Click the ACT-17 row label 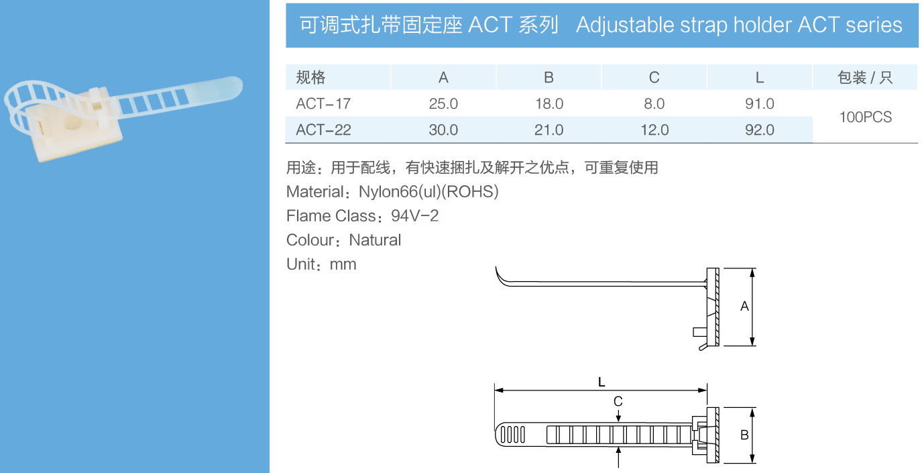coord(323,104)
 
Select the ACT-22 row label coord(323,130)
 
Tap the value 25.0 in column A coord(443,104)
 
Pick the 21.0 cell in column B coord(549,130)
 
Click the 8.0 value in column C coord(654,104)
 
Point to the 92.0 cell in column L coord(760,130)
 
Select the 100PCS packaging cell coord(865,117)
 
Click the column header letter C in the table coord(654,77)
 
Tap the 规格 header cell coord(310,77)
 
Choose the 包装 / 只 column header coord(865,77)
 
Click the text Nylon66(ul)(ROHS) coord(428,192)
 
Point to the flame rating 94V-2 coord(414,216)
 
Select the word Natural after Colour coord(375,240)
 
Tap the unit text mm coord(343,265)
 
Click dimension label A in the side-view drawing coord(744,307)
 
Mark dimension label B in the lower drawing coord(744,435)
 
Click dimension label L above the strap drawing coord(601,382)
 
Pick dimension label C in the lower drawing coord(618,401)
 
